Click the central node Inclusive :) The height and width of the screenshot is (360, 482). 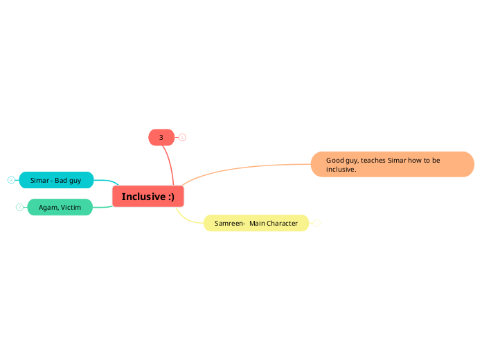click(148, 197)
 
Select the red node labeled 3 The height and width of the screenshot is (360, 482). click(161, 137)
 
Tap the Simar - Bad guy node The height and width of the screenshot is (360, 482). click(56, 180)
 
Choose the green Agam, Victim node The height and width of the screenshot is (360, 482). click(60, 207)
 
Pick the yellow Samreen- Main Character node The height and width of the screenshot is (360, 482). click(256, 223)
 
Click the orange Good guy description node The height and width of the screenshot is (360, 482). click(392, 164)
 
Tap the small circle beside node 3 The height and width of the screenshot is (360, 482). click(182, 137)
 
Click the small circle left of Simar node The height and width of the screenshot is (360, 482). click(11, 180)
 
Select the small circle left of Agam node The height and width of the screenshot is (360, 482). click(19, 207)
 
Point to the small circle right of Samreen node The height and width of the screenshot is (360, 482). click(316, 223)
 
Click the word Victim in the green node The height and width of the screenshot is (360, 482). click(71, 207)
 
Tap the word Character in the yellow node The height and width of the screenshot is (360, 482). click(283, 223)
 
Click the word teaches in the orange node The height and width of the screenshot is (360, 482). click(373, 160)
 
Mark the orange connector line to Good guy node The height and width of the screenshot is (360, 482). click(242, 165)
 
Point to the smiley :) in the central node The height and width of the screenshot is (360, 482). click(170, 197)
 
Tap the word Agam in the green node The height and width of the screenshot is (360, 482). click(48, 207)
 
